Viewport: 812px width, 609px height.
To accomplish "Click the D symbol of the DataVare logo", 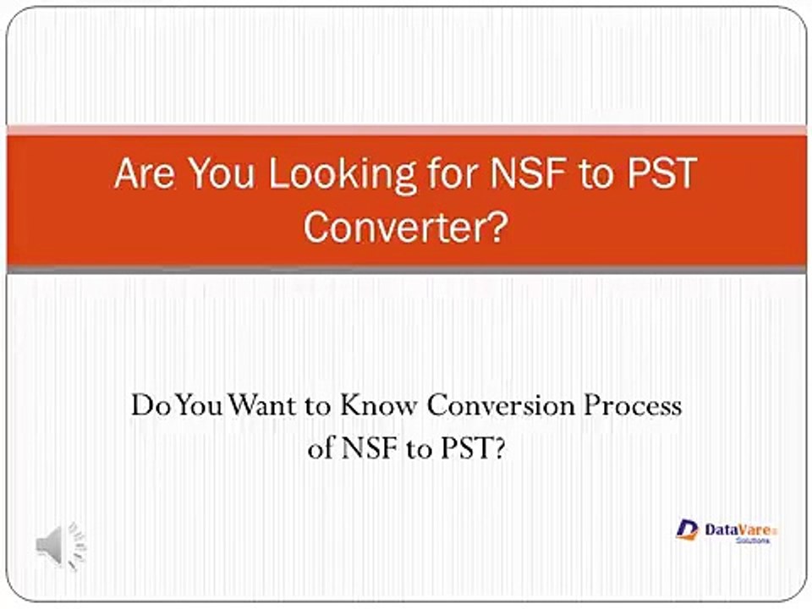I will point(686,529).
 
